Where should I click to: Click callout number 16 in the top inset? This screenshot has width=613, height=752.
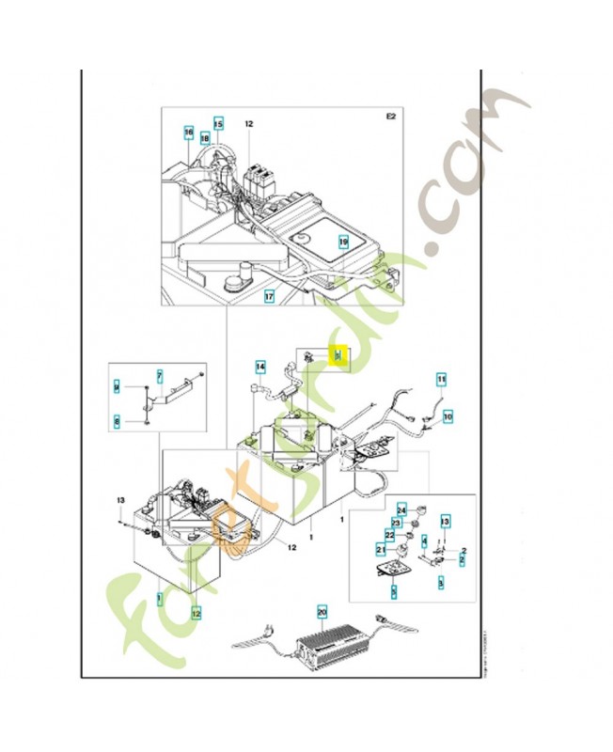[188, 133]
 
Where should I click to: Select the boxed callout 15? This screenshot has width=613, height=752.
[218, 123]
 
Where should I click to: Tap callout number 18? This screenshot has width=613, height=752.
[204, 137]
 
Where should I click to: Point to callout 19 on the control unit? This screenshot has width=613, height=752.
[344, 242]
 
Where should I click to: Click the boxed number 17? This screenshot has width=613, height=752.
[269, 296]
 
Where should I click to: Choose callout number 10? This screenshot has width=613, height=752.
[447, 415]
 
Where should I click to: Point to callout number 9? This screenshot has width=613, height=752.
[117, 387]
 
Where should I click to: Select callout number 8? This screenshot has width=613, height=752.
[117, 422]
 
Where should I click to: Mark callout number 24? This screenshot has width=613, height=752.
[401, 509]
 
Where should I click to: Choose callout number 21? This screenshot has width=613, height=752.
[381, 549]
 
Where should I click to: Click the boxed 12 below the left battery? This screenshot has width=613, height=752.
[196, 614]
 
